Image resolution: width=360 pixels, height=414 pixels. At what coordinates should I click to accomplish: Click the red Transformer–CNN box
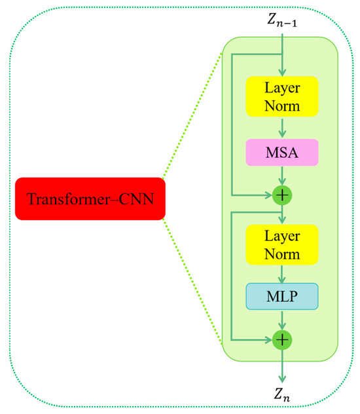[x=89, y=198]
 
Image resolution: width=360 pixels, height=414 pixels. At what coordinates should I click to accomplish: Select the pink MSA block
[x=281, y=152]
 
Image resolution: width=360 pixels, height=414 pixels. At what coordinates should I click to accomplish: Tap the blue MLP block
[x=281, y=296]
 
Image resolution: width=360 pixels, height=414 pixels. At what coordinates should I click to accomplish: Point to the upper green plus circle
[x=282, y=195]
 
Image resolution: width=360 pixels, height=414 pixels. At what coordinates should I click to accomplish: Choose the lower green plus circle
[x=282, y=340]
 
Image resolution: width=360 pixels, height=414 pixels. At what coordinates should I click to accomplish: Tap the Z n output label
[x=282, y=396]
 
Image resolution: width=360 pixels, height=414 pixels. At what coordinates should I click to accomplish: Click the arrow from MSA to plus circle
[x=282, y=175]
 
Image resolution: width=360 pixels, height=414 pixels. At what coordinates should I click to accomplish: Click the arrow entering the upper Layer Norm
[x=282, y=66]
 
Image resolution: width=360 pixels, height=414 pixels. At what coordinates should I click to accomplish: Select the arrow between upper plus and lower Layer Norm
[x=282, y=214]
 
